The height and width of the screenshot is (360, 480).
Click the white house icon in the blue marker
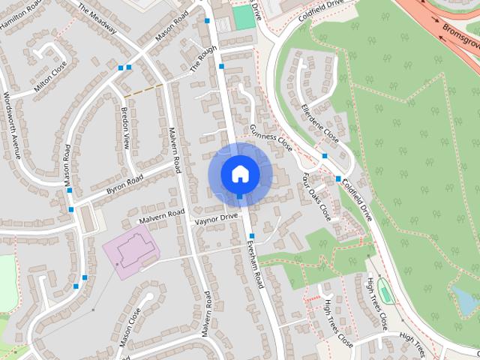coord(240,174)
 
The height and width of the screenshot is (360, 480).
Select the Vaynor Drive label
coord(216,218)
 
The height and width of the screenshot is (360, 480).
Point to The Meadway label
coord(98,16)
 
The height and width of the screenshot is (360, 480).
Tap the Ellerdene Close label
coord(319,121)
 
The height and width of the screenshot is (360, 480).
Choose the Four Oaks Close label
coord(316,195)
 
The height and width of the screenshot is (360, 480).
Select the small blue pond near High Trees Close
coord(465,300)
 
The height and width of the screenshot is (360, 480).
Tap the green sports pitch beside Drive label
coord(242,17)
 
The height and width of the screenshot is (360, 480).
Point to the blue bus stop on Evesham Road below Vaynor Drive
coord(251,237)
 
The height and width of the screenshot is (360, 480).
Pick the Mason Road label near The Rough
coord(172,28)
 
